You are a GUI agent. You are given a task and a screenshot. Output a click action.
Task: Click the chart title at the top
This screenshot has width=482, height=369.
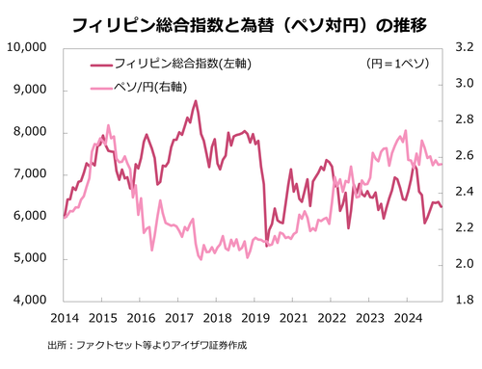click(241, 20)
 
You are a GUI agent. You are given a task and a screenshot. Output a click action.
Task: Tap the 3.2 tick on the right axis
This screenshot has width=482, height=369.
click(462, 47)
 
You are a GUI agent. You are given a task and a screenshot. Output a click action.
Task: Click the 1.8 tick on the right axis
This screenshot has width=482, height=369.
click(462, 301)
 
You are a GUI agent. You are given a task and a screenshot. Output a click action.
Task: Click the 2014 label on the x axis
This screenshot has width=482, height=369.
click(64, 317)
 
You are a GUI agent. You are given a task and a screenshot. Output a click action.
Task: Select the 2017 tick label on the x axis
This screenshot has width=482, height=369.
click(178, 317)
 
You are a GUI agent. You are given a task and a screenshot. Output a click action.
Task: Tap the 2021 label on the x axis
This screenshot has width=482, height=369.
click(293, 317)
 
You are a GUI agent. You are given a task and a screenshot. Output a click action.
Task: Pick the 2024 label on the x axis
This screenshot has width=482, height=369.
click(408, 317)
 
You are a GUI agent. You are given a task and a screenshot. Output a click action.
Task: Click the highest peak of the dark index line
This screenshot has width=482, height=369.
click(196, 101)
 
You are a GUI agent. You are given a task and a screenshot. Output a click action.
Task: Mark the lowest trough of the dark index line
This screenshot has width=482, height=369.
click(267, 246)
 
